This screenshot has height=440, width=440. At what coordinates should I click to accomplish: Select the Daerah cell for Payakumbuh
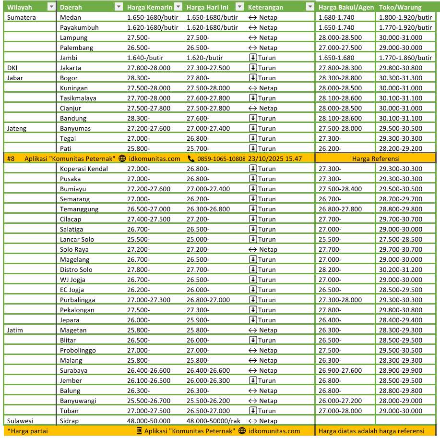click(79, 27)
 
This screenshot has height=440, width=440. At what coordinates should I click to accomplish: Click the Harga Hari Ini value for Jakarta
click(208, 68)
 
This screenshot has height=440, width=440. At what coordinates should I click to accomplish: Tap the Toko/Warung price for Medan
click(405, 17)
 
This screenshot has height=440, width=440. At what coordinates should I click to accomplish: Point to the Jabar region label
click(15, 78)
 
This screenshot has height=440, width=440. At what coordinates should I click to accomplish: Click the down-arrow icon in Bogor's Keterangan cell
click(253, 78)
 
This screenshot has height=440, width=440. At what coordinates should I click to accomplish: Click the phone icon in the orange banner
click(191, 159)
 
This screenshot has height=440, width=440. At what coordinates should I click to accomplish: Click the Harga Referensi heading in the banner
click(376, 159)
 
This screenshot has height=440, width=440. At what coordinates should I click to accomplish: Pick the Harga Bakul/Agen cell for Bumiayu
click(340, 189)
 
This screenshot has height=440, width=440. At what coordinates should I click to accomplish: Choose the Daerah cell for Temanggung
click(79, 209)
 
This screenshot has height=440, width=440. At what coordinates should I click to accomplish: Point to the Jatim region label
click(15, 330)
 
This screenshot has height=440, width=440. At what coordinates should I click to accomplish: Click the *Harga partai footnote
click(27, 431)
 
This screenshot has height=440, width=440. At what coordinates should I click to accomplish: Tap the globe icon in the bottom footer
click(242, 431)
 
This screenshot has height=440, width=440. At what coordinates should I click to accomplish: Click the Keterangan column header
click(265, 7)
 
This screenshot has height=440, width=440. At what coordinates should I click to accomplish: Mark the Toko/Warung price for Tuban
click(400, 411)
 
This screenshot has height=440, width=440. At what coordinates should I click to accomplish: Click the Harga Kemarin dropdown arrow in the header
click(178, 7)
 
